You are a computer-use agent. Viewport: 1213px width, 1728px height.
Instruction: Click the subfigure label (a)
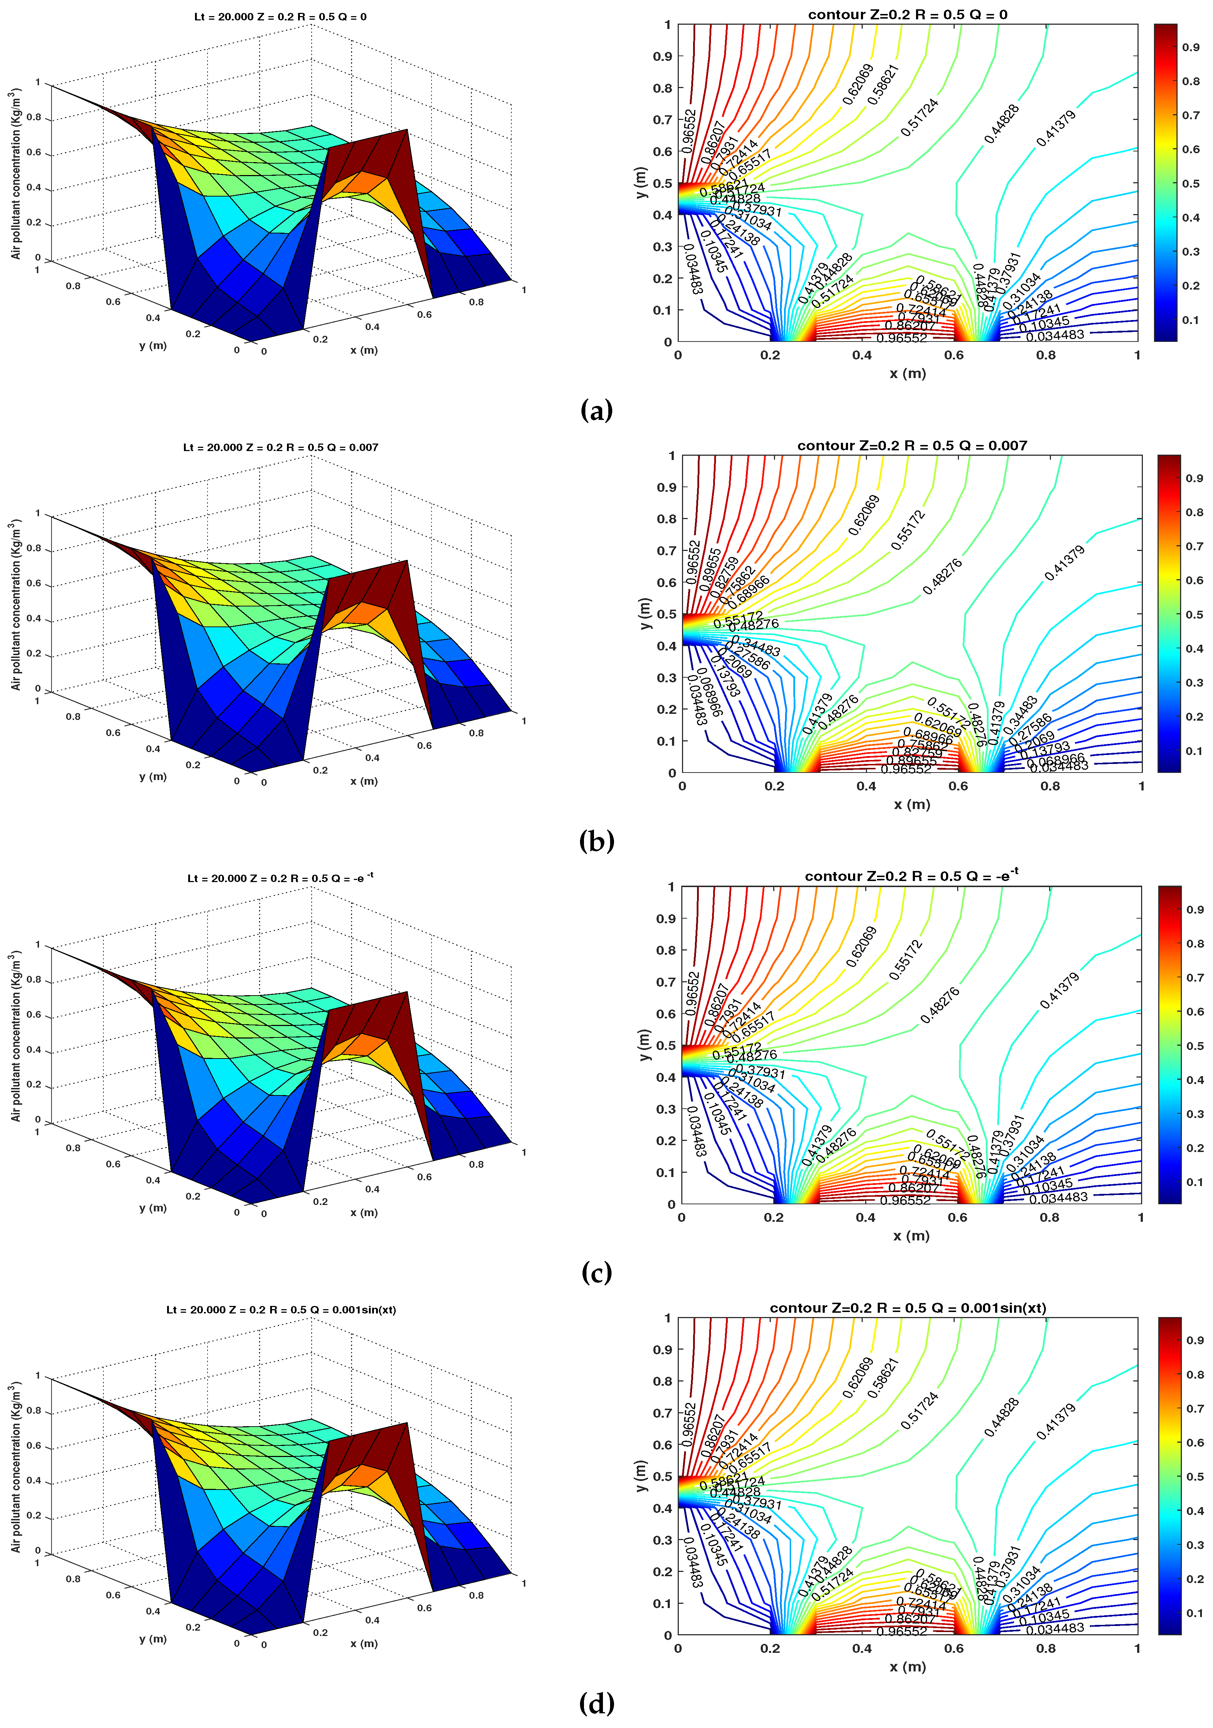coord(597,411)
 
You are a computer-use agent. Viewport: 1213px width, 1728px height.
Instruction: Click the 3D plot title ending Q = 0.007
coord(281,447)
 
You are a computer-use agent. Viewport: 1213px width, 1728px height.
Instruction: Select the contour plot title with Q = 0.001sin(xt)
coord(907,1308)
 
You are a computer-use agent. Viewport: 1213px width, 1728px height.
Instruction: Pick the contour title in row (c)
coord(911,876)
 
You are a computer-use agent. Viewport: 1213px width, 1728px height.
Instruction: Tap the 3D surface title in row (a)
coord(281,16)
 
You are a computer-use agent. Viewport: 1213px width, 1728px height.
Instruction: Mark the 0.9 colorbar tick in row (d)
coord(1194,1340)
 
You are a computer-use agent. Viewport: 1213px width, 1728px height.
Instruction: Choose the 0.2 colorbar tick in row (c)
coord(1194,1148)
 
